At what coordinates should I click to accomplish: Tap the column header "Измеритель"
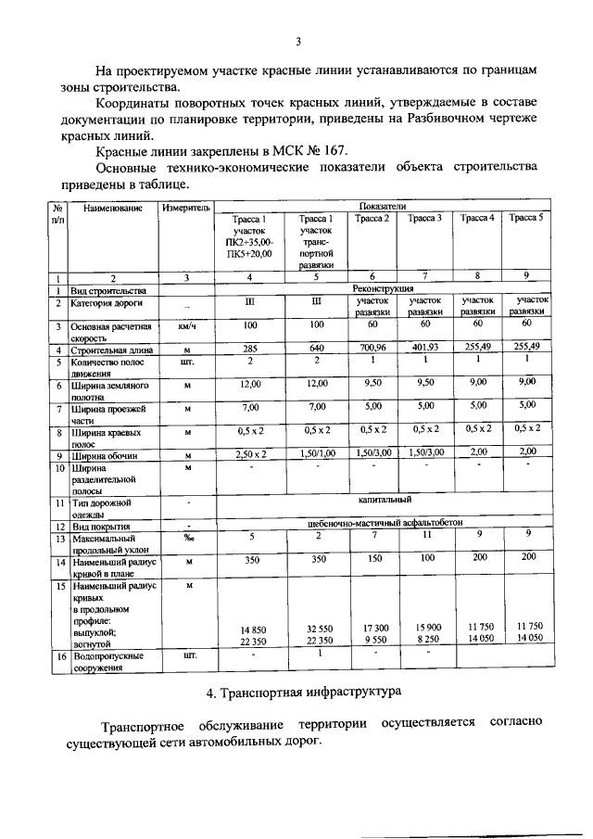[186, 208]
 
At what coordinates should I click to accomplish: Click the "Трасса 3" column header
[425, 218]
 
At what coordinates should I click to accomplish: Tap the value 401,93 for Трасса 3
[425, 350]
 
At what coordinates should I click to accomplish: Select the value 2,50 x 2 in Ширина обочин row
[250, 452]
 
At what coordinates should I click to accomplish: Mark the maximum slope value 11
[425, 536]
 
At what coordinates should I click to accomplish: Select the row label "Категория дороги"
[103, 302]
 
